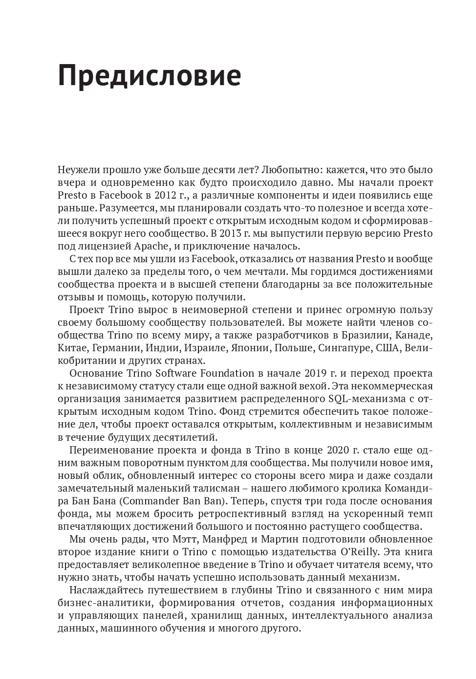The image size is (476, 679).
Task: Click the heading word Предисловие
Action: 149,76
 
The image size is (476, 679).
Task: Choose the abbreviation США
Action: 387,348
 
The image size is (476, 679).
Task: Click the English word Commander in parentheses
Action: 151,500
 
